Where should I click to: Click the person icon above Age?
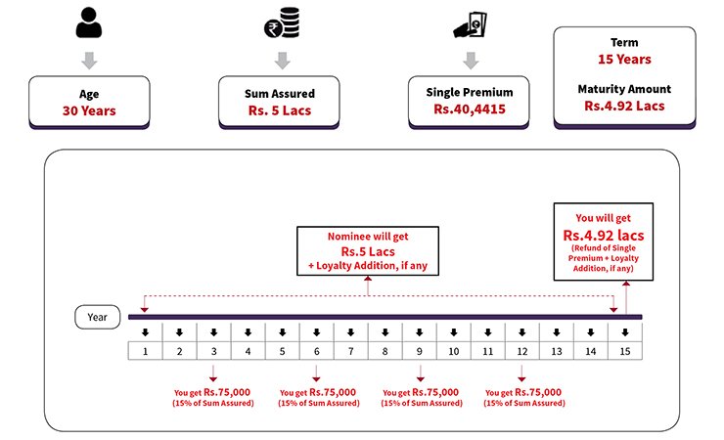(89, 22)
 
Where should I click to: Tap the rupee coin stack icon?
(282, 22)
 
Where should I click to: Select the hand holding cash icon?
(470, 24)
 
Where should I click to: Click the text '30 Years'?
(89, 110)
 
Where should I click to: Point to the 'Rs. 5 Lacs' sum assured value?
(280, 110)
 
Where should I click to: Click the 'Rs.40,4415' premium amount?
(469, 110)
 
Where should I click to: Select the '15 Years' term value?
(624, 59)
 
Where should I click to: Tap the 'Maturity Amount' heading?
(624, 89)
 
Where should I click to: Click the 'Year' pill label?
(98, 317)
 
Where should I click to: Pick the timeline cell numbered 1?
(145, 351)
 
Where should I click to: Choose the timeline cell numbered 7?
(351, 351)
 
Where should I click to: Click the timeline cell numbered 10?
(453, 351)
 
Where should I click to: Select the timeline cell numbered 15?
(625, 351)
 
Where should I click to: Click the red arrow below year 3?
(213, 374)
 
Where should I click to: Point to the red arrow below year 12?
(521, 374)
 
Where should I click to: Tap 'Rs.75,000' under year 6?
(333, 392)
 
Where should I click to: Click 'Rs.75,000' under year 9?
(435, 392)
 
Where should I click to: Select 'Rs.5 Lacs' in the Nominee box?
(368, 252)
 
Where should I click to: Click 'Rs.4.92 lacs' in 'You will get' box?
(604, 236)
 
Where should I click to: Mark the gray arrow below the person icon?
(89, 61)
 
